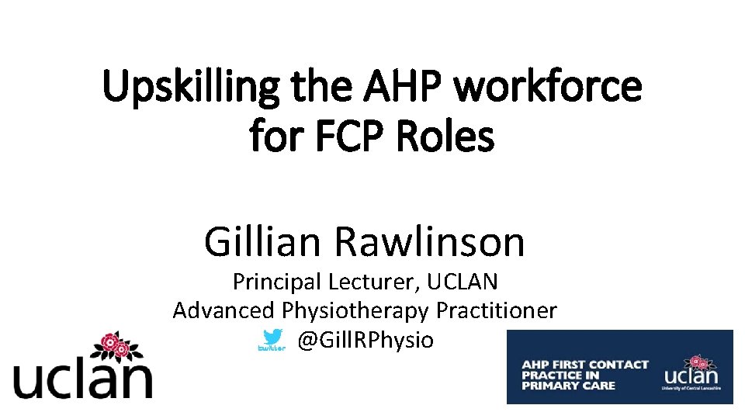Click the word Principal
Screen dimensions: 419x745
(278, 281)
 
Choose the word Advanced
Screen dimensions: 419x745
(223, 310)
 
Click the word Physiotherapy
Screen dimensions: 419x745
(355, 311)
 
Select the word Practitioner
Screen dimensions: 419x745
(497, 310)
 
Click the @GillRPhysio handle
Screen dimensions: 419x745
(366, 340)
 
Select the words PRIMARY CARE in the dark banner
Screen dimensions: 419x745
(568, 386)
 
